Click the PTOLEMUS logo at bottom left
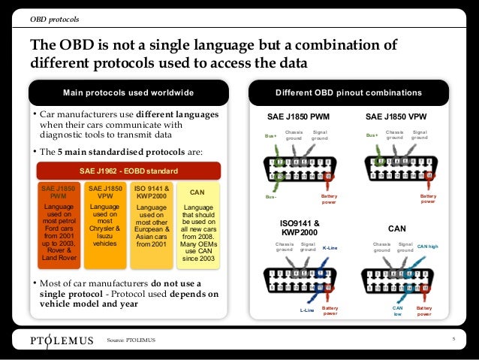pos(62,340)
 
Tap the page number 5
pos(453,340)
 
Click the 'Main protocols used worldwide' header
pos(128,92)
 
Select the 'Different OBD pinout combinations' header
pos(348,92)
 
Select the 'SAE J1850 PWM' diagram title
pos(298,117)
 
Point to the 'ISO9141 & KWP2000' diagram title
pos(300,228)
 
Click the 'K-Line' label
pos(330,247)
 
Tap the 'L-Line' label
pos(306,310)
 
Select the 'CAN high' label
pos(427,246)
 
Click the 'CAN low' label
pos(398,311)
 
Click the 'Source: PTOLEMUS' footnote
pos(131,340)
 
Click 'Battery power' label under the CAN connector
pos(424,311)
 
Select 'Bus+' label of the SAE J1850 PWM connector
pos(270,136)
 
